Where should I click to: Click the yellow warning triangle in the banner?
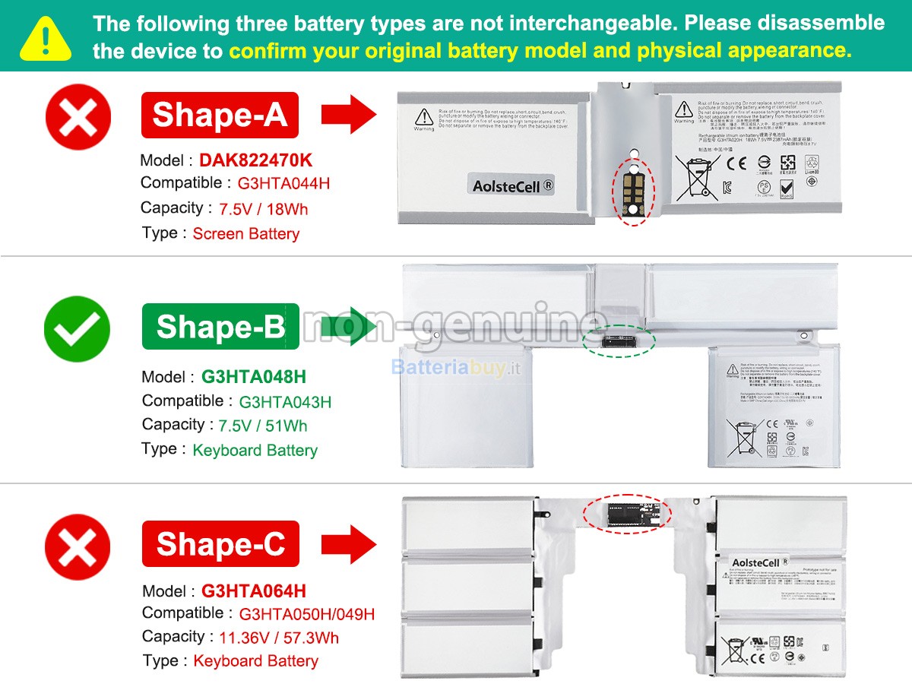pyautogui.click(x=46, y=39)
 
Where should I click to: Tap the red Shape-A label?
pyautogui.click(x=220, y=115)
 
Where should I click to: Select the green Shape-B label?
pyautogui.click(x=220, y=327)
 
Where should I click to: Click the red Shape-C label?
pyautogui.click(x=220, y=544)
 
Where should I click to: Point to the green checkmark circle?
pyautogui.click(x=77, y=329)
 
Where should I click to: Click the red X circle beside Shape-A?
pyautogui.click(x=78, y=117)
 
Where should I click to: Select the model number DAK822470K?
pyautogui.click(x=255, y=160)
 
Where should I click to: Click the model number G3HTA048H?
pyautogui.click(x=254, y=377)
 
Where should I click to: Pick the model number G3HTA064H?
pyautogui.click(x=254, y=591)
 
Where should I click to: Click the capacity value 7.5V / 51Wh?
pyautogui.click(x=263, y=426)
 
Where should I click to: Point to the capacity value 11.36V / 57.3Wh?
pyautogui.click(x=279, y=638)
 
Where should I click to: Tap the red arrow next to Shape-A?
pyautogui.click(x=349, y=116)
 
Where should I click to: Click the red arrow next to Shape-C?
pyautogui.click(x=349, y=544)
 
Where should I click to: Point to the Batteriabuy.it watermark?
pyautogui.click(x=456, y=368)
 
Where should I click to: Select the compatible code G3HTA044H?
pyautogui.click(x=283, y=184)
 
